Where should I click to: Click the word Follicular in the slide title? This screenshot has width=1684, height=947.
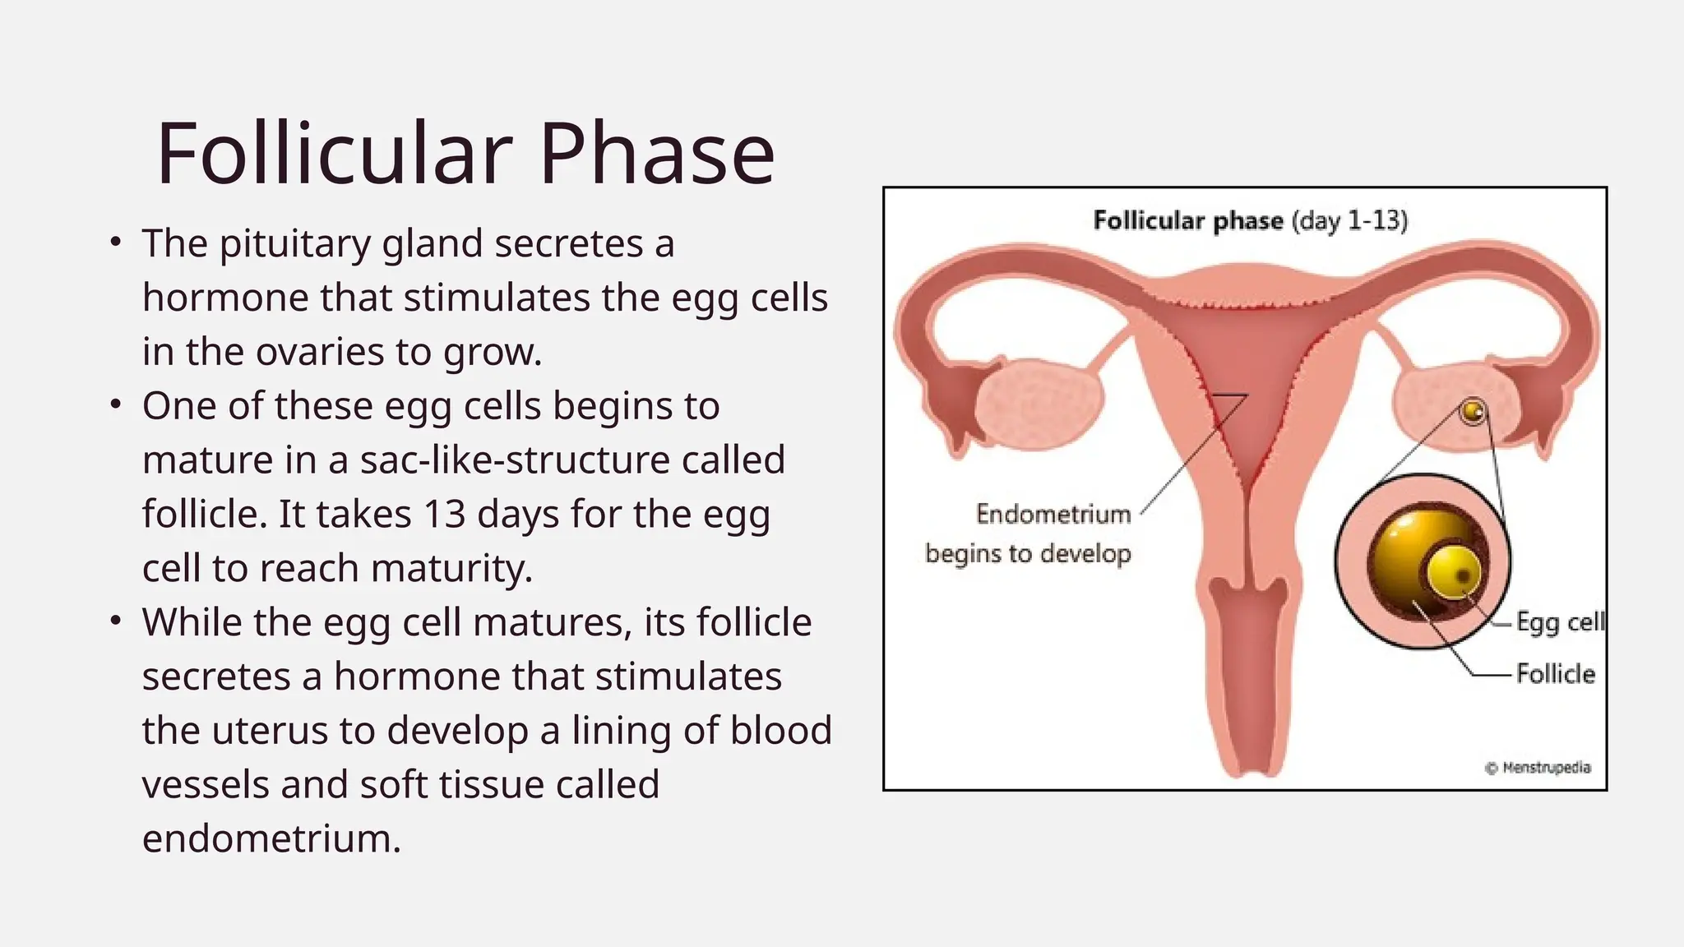coord(333,155)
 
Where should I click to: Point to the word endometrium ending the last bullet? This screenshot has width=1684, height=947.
coord(271,839)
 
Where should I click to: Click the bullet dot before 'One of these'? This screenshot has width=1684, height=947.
coord(116,405)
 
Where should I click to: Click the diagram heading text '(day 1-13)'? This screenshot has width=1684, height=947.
coord(1349,221)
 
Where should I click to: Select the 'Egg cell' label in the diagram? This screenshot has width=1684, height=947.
coord(1559,622)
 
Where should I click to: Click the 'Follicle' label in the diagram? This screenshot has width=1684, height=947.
coord(1555,674)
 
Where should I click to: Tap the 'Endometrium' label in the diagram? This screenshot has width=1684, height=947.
coord(1053,515)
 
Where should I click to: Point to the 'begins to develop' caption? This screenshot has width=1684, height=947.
coord(1028,553)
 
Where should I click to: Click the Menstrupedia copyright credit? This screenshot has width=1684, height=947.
coord(1538,768)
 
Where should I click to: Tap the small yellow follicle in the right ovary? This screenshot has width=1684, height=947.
coord(1473,411)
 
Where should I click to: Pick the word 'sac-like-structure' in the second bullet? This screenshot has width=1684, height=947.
coord(515,460)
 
